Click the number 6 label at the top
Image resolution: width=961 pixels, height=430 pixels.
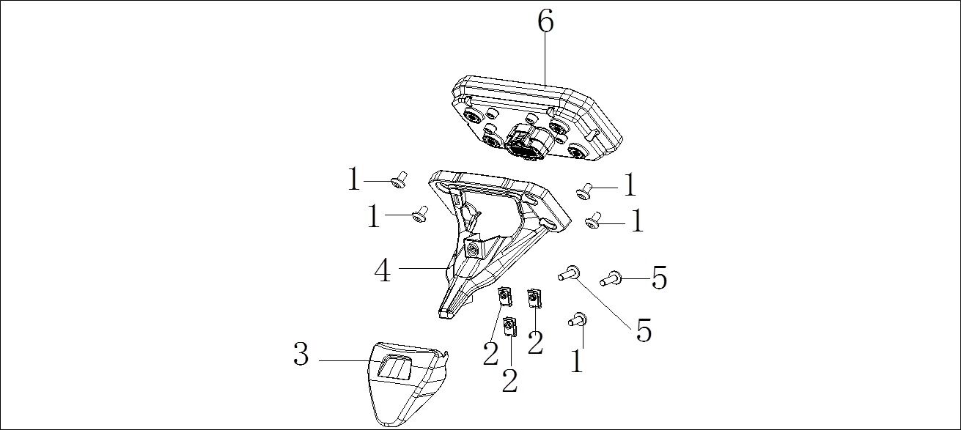[x=545, y=21]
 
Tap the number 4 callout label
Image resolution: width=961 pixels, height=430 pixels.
[x=383, y=270]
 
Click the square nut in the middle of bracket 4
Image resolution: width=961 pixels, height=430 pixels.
[x=474, y=250]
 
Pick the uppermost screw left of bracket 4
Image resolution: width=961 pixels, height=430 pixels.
[x=399, y=180]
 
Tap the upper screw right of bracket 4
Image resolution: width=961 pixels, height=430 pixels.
[x=584, y=191]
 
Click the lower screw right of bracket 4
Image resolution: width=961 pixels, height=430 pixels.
[x=593, y=220]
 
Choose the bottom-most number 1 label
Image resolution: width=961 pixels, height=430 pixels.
[x=577, y=360]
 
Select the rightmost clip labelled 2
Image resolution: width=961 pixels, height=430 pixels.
[x=534, y=298]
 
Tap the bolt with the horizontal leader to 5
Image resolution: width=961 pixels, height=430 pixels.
[x=611, y=278]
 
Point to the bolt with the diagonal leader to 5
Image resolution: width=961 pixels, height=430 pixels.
[x=569, y=273]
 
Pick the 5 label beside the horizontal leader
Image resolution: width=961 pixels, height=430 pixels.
[x=660, y=278]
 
